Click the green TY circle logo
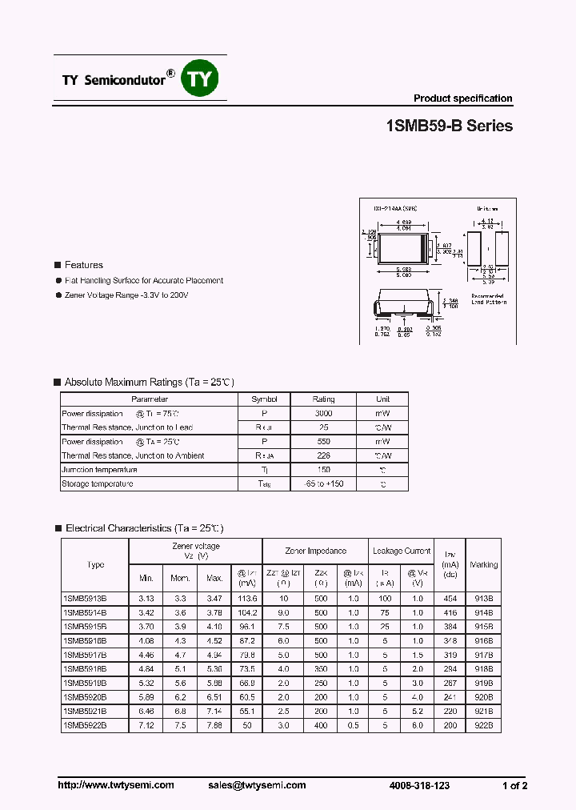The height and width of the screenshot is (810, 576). (x=200, y=78)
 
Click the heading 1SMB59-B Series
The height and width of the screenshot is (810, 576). (x=449, y=126)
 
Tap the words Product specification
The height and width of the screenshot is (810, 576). (x=462, y=98)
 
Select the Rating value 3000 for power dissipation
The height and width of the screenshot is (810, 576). (x=323, y=414)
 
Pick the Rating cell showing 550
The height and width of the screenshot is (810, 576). (x=323, y=442)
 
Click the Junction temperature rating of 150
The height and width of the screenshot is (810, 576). (x=323, y=470)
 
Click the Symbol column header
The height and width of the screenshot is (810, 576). (x=264, y=399)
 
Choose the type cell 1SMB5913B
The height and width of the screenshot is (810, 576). (x=84, y=598)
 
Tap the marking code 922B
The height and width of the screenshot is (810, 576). (x=483, y=725)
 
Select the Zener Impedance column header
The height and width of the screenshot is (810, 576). (x=315, y=551)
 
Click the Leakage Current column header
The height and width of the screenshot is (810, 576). (x=401, y=551)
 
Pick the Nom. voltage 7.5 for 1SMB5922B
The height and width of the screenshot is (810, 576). (x=180, y=725)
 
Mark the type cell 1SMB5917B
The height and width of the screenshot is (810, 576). (x=84, y=655)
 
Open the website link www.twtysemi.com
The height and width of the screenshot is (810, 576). (x=116, y=785)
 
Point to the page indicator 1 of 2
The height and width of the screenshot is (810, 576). (x=514, y=785)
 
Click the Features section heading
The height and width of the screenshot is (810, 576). (x=83, y=265)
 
